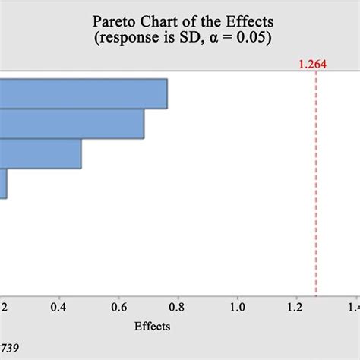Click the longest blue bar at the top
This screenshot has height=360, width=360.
click(84, 93)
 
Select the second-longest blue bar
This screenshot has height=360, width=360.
click(72, 123)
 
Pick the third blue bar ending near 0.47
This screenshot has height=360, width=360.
click(41, 153)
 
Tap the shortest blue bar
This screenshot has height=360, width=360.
click(4, 183)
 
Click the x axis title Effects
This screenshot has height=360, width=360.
click(152, 327)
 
